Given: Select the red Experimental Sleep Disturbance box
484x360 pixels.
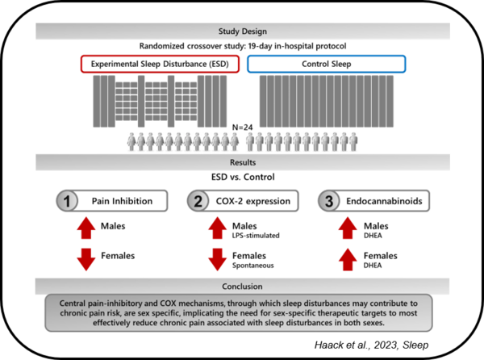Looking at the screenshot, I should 161,64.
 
